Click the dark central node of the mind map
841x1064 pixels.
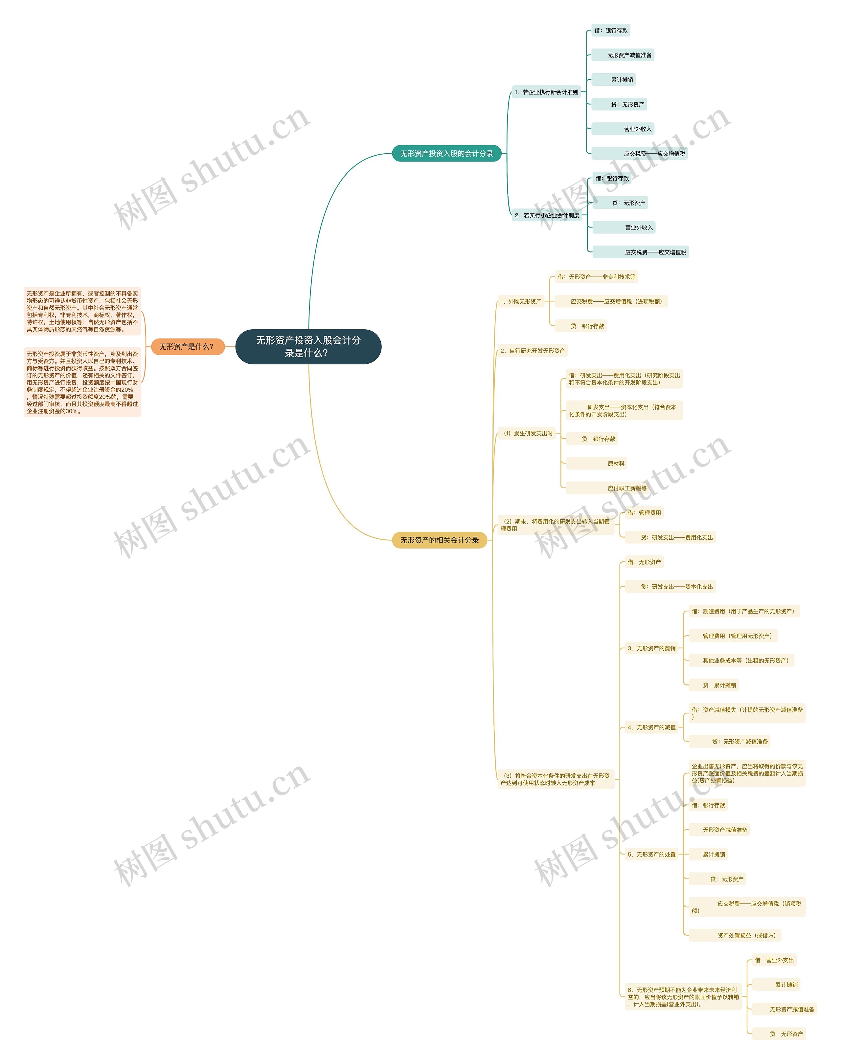tap(308, 346)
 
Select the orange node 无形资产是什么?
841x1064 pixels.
tap(187, 346)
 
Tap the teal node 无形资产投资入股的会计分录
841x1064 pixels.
tap(446, 154)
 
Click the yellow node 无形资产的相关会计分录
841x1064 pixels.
tap(439, 540)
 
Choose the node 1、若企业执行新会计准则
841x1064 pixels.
tap(546, 92)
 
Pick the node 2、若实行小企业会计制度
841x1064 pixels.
tap(547, 215)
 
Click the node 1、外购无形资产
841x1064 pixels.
tap(520, 301)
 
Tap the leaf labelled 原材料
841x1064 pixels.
tap(616, 464)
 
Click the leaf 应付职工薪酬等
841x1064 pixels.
tap(626, 488)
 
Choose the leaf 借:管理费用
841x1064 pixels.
tap(644, 513)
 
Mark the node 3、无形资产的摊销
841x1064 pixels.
tap(651, 648)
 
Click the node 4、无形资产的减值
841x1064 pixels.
tap(651, 727)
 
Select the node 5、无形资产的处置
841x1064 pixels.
tap(651, 854)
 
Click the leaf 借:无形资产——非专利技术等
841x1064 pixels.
tap(596, 276)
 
